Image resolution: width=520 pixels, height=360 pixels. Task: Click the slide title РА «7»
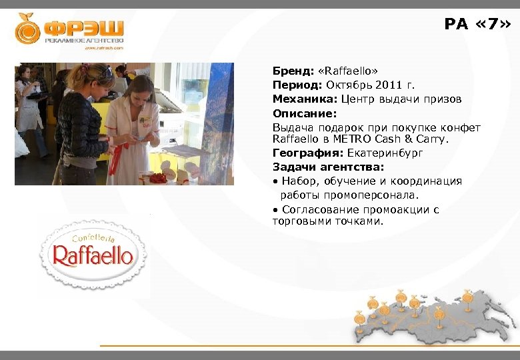pos(478,25)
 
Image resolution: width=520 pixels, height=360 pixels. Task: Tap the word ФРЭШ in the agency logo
pos(83,29)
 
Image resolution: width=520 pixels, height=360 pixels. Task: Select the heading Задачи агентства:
pos(319,167)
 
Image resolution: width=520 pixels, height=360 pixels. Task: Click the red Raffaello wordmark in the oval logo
pos(93,255)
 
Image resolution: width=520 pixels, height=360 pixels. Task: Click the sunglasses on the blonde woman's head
pos(105,71)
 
